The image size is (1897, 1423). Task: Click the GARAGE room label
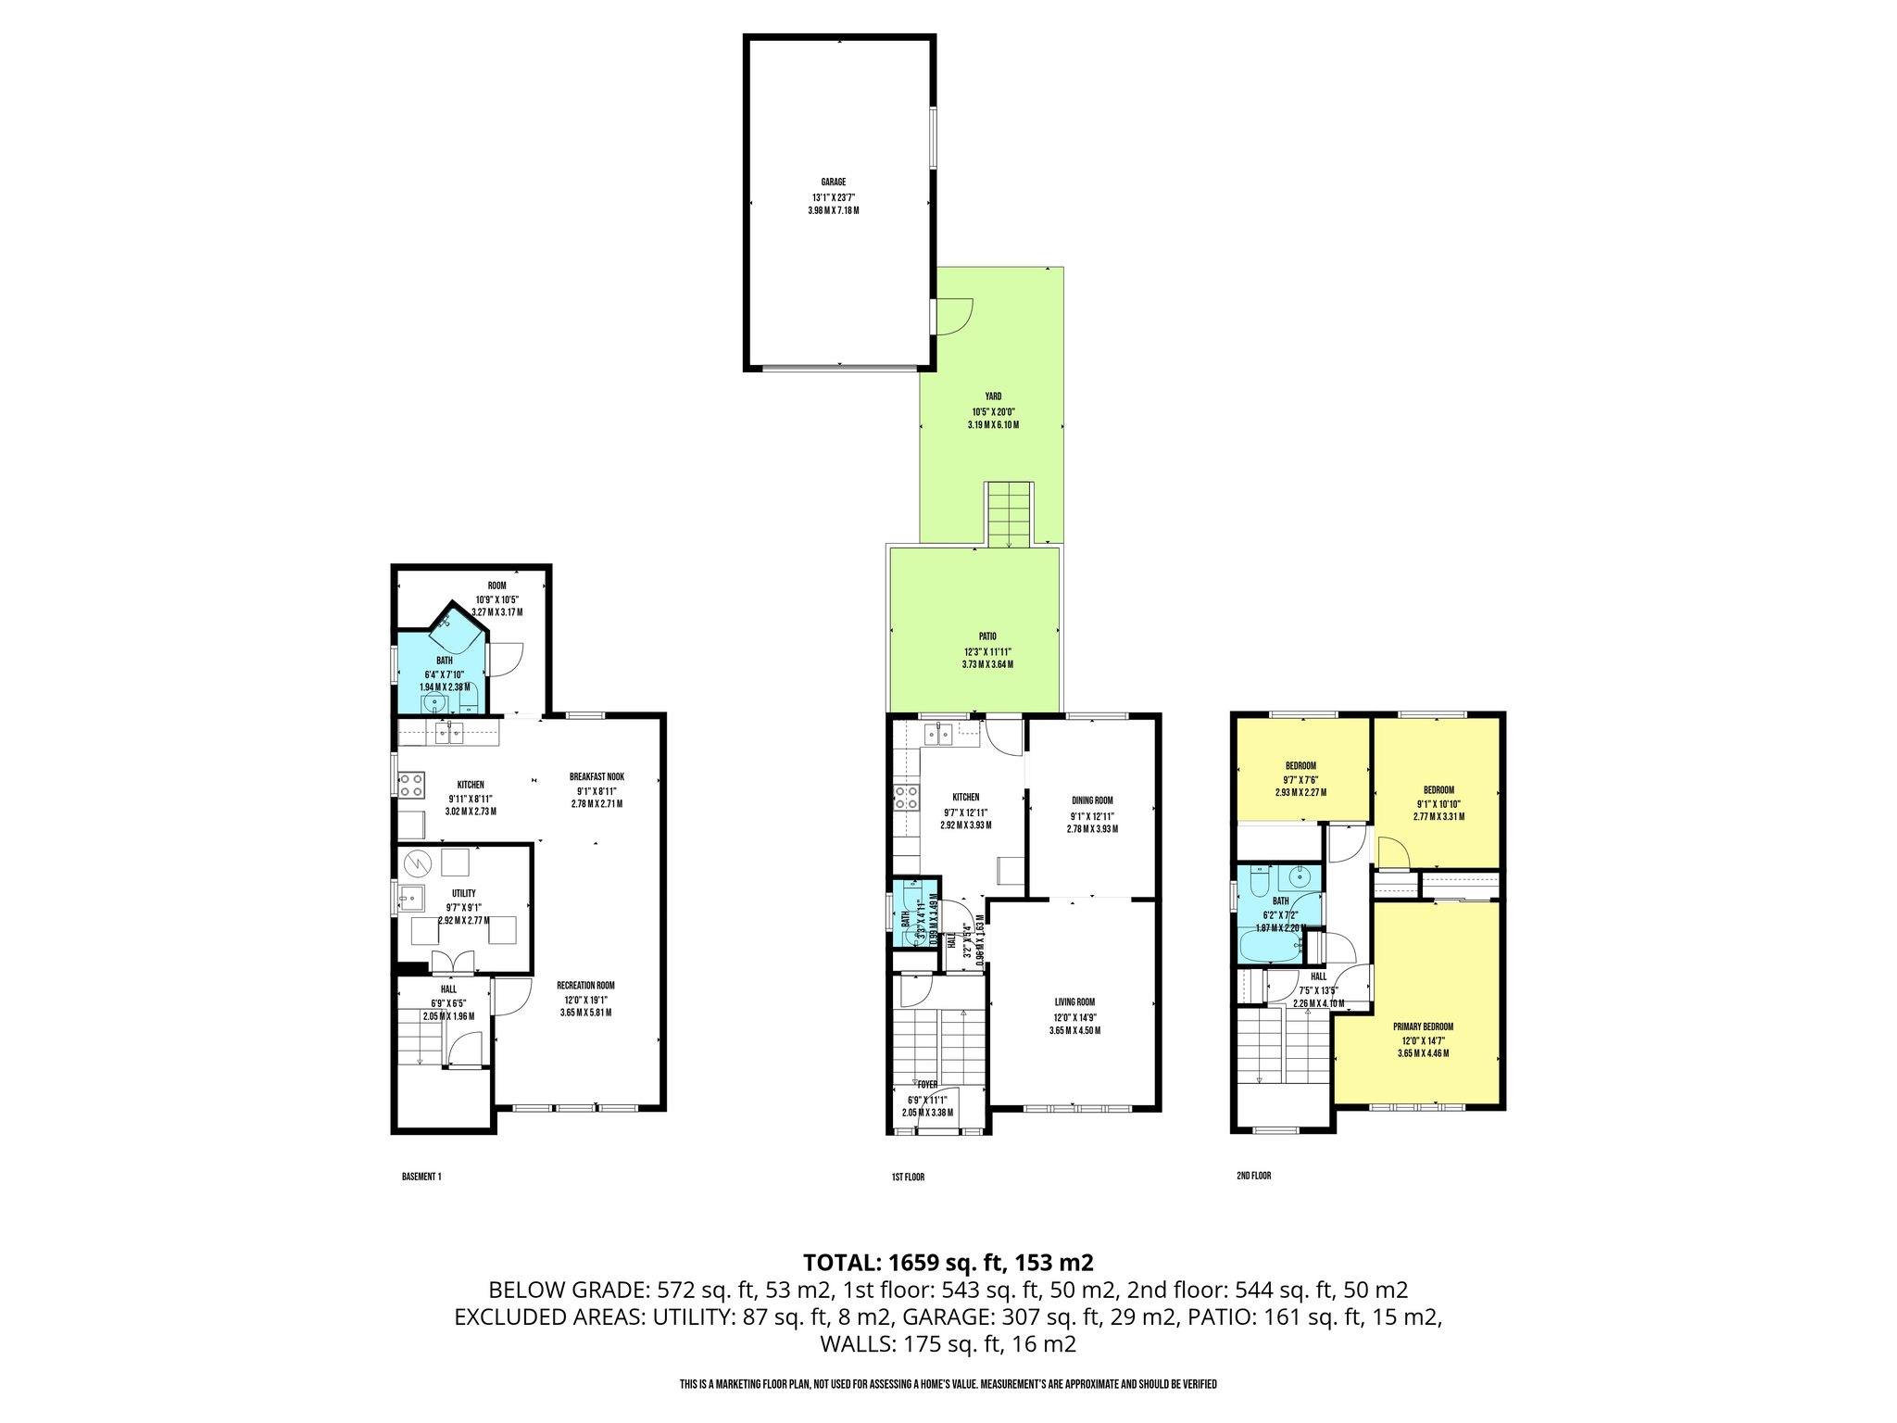(x=833, y=183)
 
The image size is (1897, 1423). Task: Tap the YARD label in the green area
(x=992, y=397)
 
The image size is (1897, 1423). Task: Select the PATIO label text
(x=987, y=636)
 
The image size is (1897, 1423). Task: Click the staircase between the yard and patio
(x=1008, y=514)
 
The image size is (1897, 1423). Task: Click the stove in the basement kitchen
(x=412, y=785)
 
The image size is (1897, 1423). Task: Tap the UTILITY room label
(x=464, y=894)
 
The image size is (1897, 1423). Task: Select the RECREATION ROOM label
(x=585, y=985)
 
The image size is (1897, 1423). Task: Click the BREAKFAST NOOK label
(x=597, y=777)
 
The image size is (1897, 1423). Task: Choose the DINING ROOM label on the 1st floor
(x=1092, y=800)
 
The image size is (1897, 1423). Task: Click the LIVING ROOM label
(x=1074, y=1001)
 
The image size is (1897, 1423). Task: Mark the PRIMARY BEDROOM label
(x=1423, y=1026)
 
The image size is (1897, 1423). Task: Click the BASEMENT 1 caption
(x=421, y=1177)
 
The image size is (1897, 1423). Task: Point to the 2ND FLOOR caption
(x=1253, y=1176)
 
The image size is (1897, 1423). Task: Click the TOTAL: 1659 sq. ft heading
(x=948, y=1262)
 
